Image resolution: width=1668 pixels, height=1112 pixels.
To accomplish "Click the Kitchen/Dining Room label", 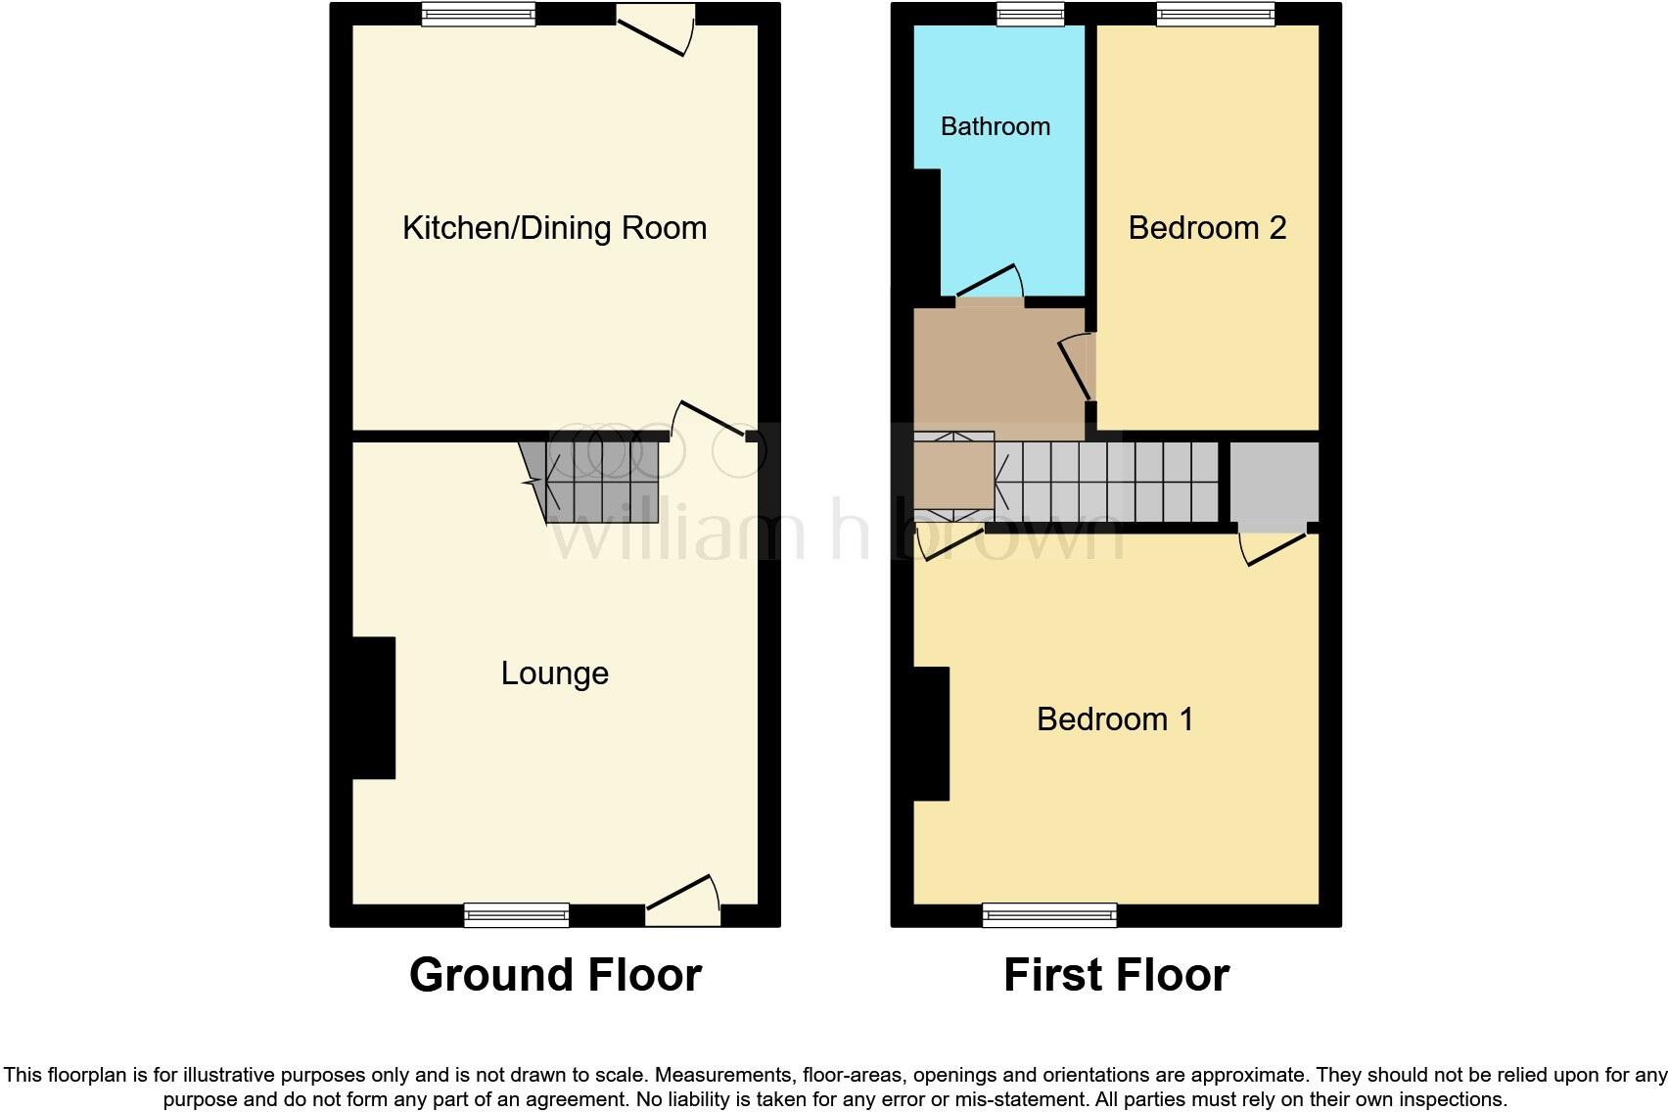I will pos(554,228).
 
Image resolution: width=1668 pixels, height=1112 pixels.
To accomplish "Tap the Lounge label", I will pos(554,673).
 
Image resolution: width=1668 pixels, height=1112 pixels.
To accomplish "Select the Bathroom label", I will pos(995,126).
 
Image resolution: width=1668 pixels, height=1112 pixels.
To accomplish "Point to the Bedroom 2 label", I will pos(1206,228).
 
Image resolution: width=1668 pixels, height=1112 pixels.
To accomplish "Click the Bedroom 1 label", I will pos(1115,719).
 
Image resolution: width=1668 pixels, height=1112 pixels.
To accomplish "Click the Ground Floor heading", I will pos(555,975).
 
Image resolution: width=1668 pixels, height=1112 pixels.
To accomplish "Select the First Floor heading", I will pos(1116,975).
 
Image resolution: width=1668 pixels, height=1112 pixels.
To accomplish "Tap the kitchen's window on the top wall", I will pos(479,14).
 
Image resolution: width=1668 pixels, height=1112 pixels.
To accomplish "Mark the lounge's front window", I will pos(516,915).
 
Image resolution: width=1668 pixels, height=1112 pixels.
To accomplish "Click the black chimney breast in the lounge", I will pos(373,708).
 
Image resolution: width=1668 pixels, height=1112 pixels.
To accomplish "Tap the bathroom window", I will pos(1030,14).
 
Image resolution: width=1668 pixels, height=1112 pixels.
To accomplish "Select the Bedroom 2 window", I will pos(1215,14).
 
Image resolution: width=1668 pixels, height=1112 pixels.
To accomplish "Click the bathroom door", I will pos(989,284).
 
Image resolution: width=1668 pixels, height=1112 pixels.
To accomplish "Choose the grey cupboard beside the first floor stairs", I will pos(1274,483).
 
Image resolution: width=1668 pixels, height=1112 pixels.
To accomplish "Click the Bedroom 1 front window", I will pos(1049,915).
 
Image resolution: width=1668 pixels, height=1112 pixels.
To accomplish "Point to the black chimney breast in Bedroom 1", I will pos(931,734).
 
